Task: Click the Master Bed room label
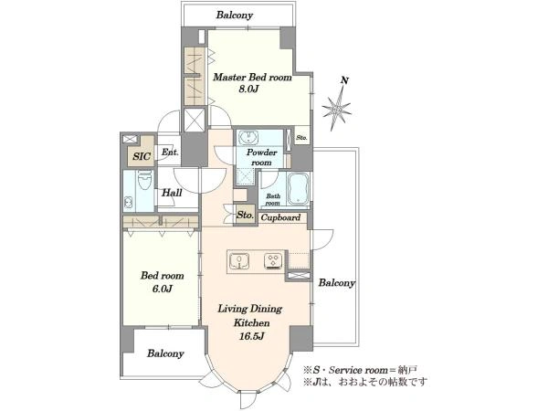click(252, 78)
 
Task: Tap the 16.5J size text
click(251, 336)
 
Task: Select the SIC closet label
click(142, 156)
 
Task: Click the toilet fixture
click(144, 180)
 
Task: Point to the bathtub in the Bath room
click(298, 190)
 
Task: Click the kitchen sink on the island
click(239, 261)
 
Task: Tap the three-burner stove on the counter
click(273, 261)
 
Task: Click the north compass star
click(336, 109)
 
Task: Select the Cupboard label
click(280, 217)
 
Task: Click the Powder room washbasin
click(248, 137)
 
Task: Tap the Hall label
click(172, 193)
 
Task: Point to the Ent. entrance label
click(170, 153)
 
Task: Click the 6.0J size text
click(163, 289)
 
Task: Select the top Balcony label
click(234, 16)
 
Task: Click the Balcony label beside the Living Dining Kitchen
click(336, 283)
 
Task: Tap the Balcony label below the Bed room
click(165, 353)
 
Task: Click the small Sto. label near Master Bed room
click(301, 138)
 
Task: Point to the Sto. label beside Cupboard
click(245, 216)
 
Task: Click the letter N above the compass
click(344, 80)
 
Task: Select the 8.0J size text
click(248, 90)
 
